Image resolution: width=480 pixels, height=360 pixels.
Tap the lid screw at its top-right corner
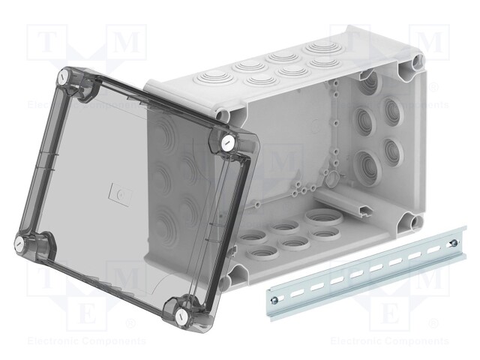pos(227,142)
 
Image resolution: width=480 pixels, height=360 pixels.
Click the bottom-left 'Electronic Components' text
pos(75,341)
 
